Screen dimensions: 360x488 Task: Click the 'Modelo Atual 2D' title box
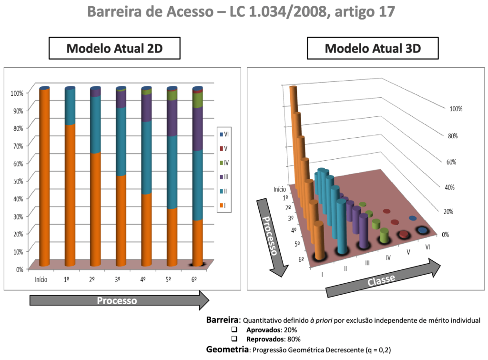pos(116,49)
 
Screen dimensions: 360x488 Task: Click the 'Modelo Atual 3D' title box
pos(372,49)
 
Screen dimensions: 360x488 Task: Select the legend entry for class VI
pos(224,134)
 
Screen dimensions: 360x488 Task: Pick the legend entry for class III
pos(224,176)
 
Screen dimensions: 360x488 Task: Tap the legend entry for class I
pos(224,205)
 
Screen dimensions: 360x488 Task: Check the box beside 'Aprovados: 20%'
pos(234,330)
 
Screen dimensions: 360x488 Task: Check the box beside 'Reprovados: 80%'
pos(234,339)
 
